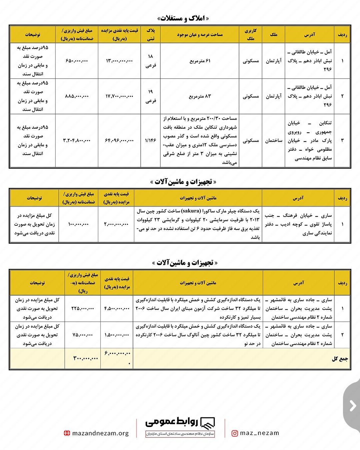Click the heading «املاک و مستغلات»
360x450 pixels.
pyautogui.click(x=184, y=18)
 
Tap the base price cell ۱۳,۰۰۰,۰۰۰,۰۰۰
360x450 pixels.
pyautogui.click(x=119, y=61)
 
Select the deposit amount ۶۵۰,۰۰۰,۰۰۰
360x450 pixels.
pyautogui.click(x=77, y=61)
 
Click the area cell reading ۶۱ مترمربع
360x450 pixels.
pyautogui.click(x=200, y=61)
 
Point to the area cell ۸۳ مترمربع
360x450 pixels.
pyautogui.click(x=200, y=96)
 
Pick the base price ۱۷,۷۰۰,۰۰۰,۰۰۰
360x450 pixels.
pyautogui.click(x=119, y=96)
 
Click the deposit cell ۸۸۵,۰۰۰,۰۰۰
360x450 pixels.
pyautogui.click(x=77, y=96)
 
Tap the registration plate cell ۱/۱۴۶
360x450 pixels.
pyautogui.click(x=150, y=141)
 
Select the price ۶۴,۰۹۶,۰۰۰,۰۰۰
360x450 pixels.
pyautogui.click(x=119, y=141)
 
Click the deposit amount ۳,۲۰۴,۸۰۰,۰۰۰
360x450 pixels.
pyautogui.click(x=77, y=141)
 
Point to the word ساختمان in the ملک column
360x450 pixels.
pyautogui.click(x=274, y=141)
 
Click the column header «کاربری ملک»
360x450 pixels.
pyautogui.click(x=251, y=35)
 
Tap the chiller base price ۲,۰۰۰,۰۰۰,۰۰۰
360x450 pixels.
pyautogui.click(x=116, y=224)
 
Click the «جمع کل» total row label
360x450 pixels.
pyautogui.click(x=340, y=359)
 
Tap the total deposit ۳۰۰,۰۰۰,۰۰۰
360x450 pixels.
pyautogui.click(x=86, y=359)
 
